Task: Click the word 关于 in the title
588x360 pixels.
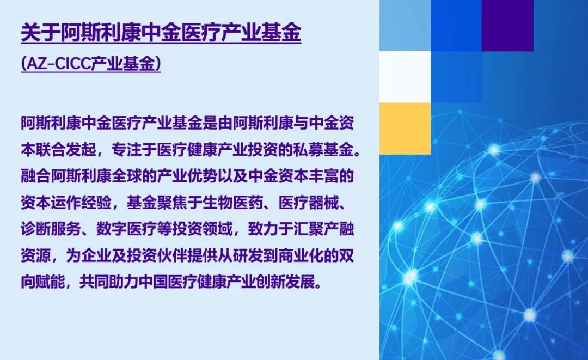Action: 40,33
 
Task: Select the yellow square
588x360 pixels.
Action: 405,128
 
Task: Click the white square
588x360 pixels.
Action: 405,77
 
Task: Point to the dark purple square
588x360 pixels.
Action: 507,26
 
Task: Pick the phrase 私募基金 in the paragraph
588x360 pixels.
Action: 324,150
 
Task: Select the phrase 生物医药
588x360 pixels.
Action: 233,203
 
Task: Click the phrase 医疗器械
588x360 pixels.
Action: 309,203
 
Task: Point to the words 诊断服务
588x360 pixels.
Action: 51,229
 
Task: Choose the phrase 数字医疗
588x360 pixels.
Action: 127,229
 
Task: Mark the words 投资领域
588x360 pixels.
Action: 203,229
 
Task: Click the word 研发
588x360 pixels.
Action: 248,256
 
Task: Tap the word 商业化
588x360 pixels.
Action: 301,256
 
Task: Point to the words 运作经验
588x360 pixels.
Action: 81,203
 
